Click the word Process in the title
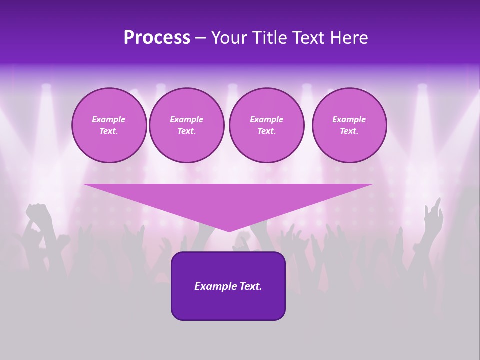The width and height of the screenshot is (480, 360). (x=157, y=38)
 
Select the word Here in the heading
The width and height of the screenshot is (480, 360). (x=349, y=38)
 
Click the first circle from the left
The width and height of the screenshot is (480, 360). (x=109, y=125)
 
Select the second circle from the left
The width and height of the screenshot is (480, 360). (x=186, y=125)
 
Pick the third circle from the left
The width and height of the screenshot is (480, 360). (x=266, y=125)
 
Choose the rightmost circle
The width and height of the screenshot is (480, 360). (x=349, y=125)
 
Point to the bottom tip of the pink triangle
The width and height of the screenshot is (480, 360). (x=229, y=231)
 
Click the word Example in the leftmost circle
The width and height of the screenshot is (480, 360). (x=109, y=119)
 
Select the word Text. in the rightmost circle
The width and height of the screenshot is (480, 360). (x=349, y=131)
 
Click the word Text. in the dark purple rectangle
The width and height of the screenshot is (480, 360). (x=249, y=286)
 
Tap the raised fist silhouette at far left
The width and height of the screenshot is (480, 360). (x=39, y=212)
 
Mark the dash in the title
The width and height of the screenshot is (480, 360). (x=201, y=38)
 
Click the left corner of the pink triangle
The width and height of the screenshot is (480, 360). (x=84, y=185)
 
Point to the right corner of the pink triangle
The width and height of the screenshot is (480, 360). (x=372, y=185)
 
